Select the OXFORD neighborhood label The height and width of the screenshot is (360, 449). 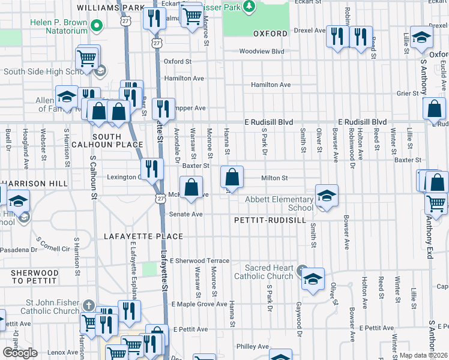coord(270,34)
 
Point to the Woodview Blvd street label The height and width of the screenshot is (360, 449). coord(261,52)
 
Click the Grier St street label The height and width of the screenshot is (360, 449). coord(407,94)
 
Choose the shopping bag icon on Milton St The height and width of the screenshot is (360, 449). coord(232,178)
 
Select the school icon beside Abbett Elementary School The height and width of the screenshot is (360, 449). coord(327,196)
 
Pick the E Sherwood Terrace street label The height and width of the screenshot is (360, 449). coord(199,261)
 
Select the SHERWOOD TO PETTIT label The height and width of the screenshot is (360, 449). coord(35,277)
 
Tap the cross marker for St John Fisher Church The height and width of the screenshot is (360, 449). coord(89,305)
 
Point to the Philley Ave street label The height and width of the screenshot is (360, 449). coord(253,346)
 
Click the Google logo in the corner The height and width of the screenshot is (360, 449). coord(20,353)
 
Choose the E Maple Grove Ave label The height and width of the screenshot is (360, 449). coord(200,305)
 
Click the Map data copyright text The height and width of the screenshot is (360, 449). coord(424,355)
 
